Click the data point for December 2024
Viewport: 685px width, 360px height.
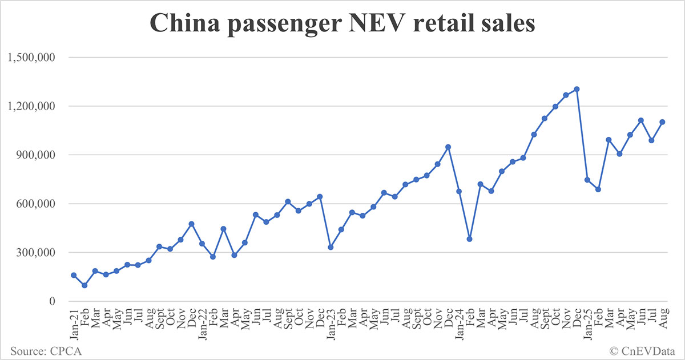[577, 89]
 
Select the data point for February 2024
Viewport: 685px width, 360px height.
[469, 239]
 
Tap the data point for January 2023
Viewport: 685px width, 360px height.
[331, 247]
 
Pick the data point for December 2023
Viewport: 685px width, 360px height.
[448, 147]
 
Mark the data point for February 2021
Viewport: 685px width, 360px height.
[84, 285]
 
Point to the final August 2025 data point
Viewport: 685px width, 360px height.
[662, 122]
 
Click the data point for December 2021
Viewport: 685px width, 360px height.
[191, 224]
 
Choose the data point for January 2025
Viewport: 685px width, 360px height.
[587, 180]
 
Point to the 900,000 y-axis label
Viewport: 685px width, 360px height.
[35, 155]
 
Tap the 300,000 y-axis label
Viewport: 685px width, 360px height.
[35, 253]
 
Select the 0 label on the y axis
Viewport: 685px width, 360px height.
[51, 301]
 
